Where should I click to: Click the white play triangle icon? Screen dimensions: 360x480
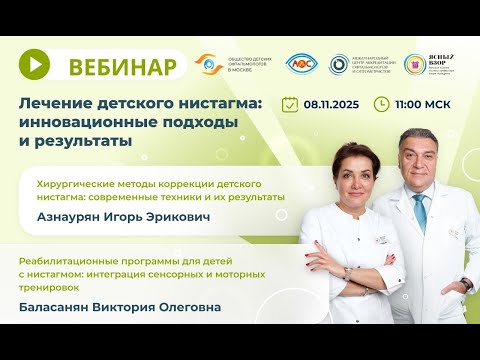point(35,63)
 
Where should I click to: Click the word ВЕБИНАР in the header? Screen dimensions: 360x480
point(124,67)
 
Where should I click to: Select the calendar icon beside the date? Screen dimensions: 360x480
point(290,103)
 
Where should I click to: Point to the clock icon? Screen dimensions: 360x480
point(381,103)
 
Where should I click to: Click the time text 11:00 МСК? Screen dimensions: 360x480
point(421,103)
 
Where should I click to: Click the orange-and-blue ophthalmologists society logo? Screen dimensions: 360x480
point(208,63)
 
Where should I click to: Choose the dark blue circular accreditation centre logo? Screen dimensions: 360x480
point(339,63)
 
